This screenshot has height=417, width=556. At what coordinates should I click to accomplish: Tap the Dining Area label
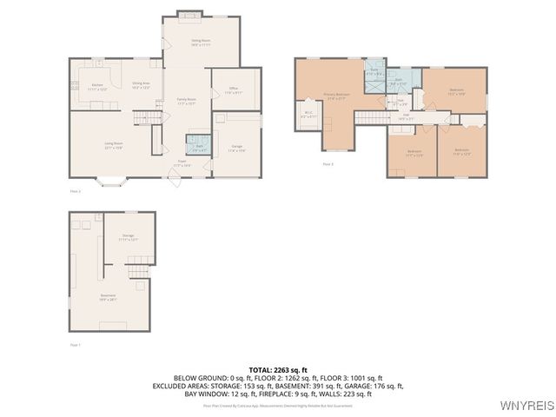point(141,85)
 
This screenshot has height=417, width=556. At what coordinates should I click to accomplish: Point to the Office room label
point(234,90)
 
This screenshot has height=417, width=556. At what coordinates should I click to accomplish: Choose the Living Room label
point(114,145)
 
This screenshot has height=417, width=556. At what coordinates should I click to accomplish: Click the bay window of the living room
point(113,182)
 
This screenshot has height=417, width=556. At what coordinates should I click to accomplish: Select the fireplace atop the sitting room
point(188,13)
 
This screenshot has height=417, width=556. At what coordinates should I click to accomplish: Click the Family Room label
point(187,102)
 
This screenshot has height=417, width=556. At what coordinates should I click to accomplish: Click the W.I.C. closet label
point(308,114)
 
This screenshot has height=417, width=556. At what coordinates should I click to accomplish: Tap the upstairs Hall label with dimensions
point(406,119)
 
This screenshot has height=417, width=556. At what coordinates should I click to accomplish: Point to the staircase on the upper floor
point(370,117)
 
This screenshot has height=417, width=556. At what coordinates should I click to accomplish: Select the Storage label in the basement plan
point(128,237)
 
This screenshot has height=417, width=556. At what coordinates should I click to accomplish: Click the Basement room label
point(108,297)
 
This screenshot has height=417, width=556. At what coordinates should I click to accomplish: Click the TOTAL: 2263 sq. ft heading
point(277,370)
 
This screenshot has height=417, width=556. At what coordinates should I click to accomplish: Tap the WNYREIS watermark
point(526,405)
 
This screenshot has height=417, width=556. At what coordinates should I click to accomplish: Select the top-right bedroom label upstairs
point(456,91)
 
